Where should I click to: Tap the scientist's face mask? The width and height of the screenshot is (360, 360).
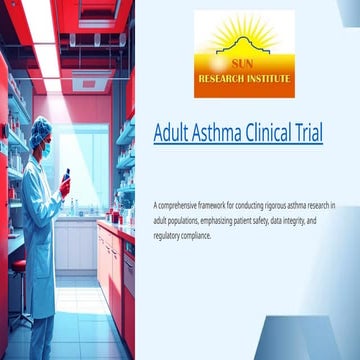point(46,145)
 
